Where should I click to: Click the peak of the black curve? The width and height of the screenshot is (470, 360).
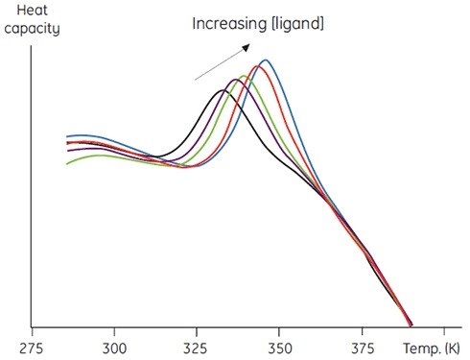[223, 90]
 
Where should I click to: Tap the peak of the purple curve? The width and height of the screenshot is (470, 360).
[235, 79]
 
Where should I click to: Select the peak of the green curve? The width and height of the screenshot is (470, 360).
[246, 75]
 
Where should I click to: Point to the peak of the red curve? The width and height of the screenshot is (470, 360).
[256, 66]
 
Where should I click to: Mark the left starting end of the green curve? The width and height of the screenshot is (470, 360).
[67, 163]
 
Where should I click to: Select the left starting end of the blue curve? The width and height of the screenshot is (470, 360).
[67, 137]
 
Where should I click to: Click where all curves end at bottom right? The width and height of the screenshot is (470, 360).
[411, 324]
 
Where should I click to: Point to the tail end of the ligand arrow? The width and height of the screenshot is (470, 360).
[196, 80]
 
